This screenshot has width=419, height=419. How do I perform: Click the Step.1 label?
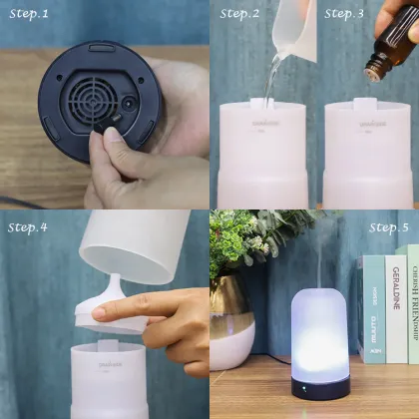29,14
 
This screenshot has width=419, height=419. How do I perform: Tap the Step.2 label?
239,14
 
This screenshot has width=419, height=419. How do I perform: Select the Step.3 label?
345,14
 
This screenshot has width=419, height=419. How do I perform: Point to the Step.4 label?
29,226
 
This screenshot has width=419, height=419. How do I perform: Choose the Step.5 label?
388,227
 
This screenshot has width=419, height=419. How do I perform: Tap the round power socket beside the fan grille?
128,103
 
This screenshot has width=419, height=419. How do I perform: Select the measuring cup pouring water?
293,30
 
